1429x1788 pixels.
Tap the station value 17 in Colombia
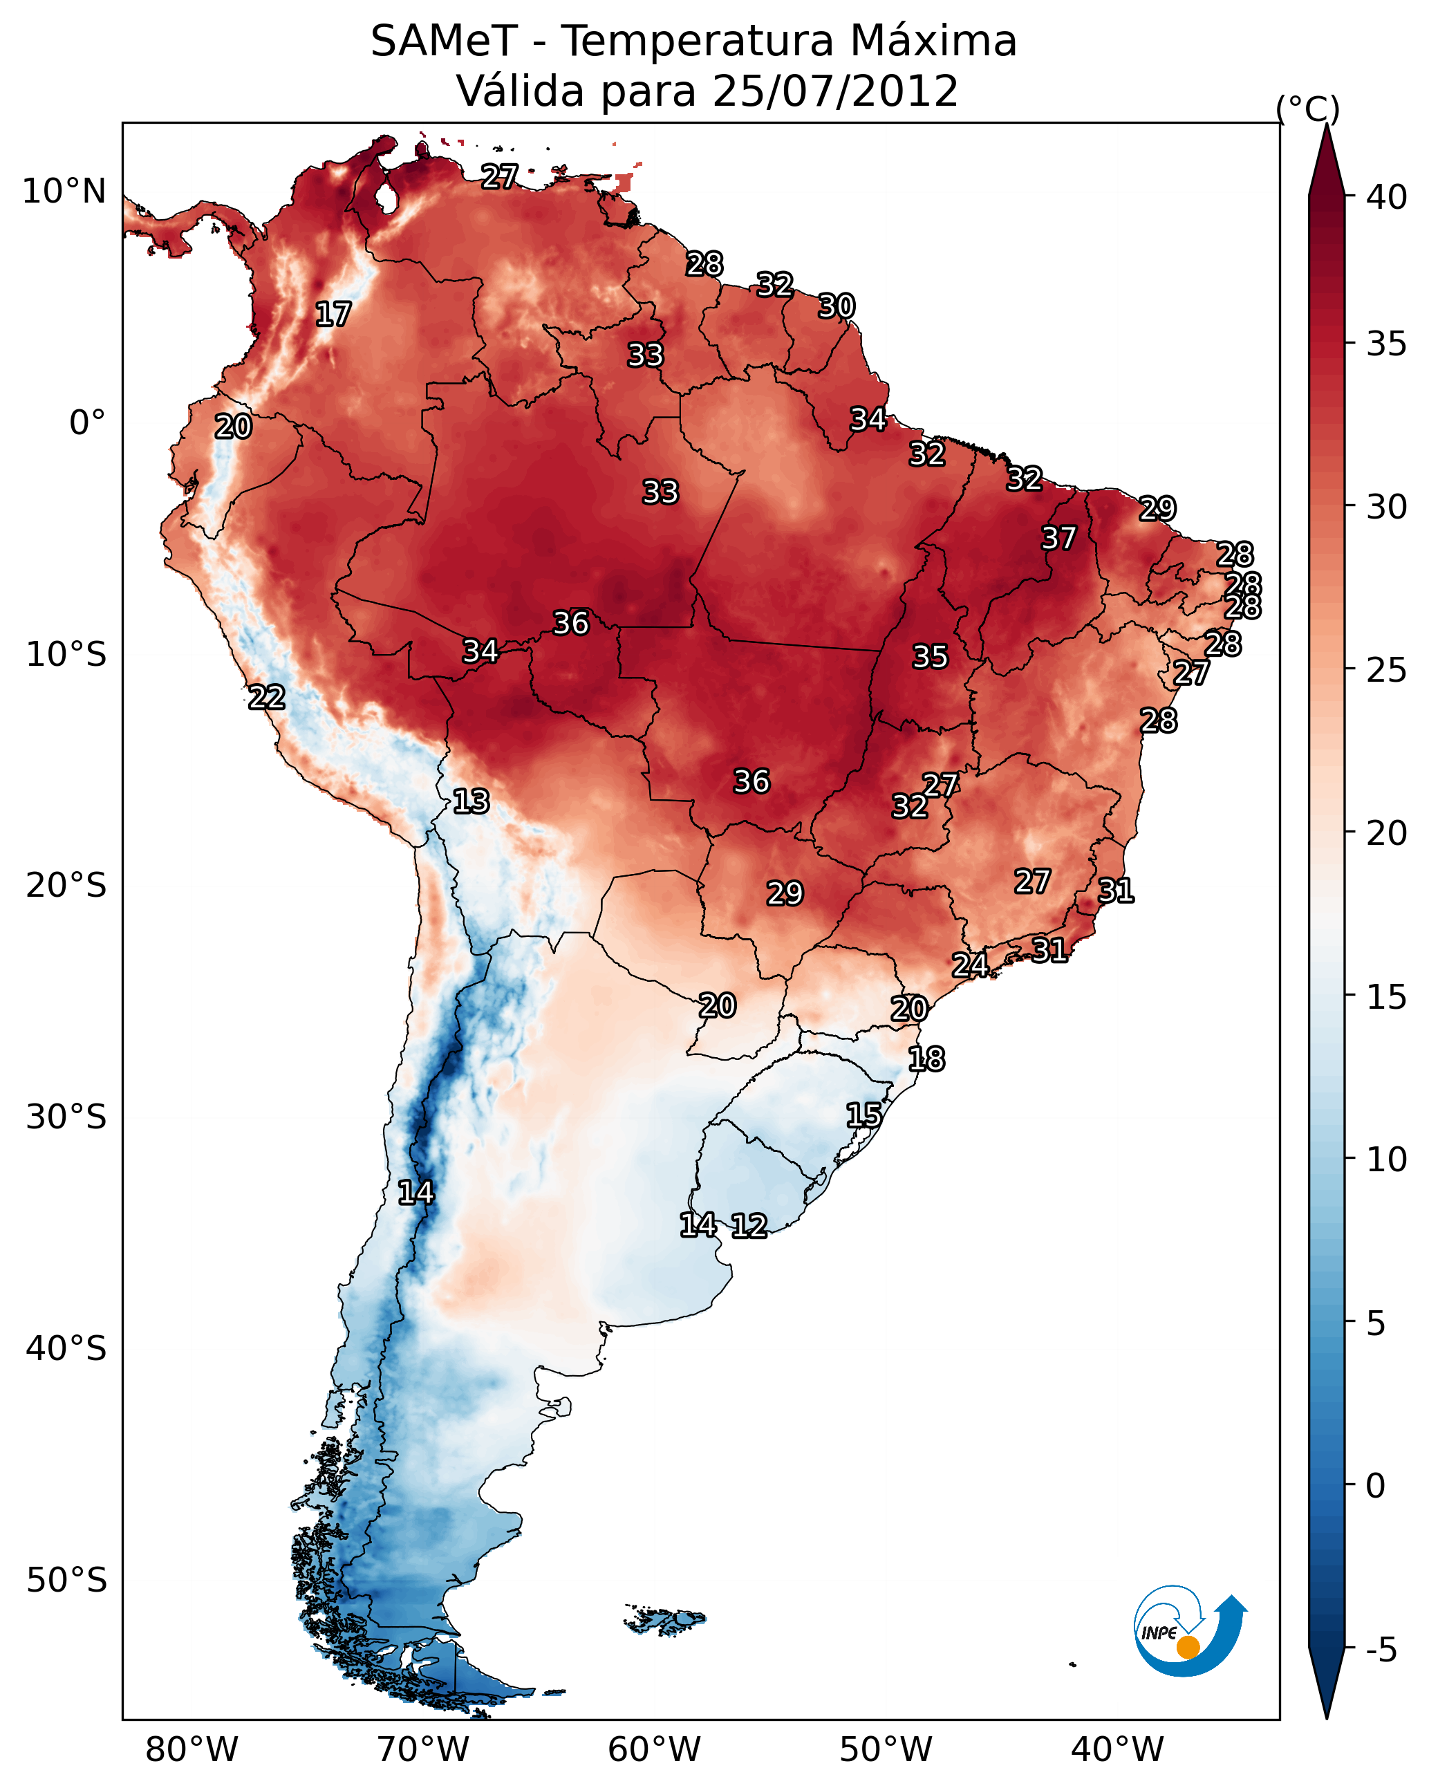333,315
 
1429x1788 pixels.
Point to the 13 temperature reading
471,801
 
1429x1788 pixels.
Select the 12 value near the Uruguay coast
749,1226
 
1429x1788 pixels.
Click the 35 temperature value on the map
930,657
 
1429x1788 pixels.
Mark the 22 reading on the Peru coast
267,698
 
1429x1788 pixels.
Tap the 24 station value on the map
969,965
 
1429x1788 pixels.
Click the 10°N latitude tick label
64,192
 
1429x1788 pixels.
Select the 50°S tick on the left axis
66,1581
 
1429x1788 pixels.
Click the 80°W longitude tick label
192,1750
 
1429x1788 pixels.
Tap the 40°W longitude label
1117,1750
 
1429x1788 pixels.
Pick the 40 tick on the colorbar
1387,197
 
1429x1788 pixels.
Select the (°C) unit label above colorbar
1308,109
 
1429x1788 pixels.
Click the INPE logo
1189,1630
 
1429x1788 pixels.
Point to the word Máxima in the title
923,41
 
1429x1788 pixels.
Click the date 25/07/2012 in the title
834,91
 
